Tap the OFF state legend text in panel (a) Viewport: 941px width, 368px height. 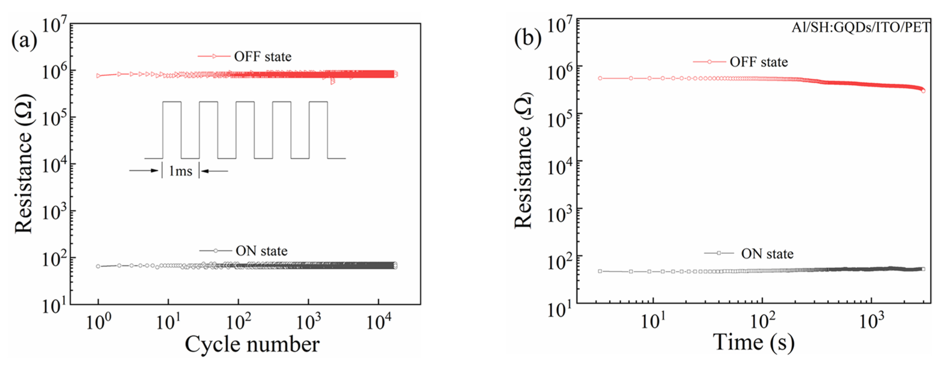pos(263,57)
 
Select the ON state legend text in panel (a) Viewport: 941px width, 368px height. pos(262,251)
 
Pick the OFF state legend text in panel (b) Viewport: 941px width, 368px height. pos(758,62)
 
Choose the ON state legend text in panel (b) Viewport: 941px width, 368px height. pos(767,253)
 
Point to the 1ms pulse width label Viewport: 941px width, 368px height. pos(180,171)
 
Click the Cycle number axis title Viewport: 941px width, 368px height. pos(252,344)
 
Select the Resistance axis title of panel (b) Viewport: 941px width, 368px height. pos(524,160)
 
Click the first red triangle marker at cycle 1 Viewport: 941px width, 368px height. pos(98,76)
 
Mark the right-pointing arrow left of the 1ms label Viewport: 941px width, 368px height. pos(144,170)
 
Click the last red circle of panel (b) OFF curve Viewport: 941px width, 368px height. pos(931,91)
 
